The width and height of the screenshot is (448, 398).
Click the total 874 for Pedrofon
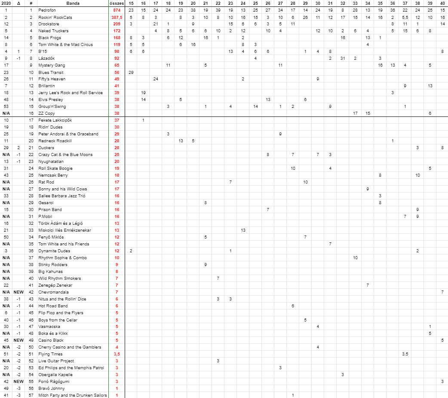pos(117,10)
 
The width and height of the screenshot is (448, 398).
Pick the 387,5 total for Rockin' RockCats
pos(117,17)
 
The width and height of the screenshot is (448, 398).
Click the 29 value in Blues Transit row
pos(131,72)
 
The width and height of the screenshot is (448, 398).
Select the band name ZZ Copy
pos(46,113)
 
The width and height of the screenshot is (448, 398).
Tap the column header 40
pos(442,3)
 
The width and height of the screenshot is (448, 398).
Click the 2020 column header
pos(6,3)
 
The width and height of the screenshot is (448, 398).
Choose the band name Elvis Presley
pos(50,100)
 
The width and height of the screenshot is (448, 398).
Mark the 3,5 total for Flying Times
pos(117,354)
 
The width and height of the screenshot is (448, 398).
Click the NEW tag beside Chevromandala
pos(18,292)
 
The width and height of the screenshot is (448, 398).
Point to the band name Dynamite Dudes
pos(55,251)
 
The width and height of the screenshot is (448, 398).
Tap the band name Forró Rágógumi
pos(54,382)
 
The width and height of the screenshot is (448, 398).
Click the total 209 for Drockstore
pos(117,24)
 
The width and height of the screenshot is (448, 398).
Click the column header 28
pos(293,3)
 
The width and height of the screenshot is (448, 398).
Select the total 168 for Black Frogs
pos(117,37)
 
